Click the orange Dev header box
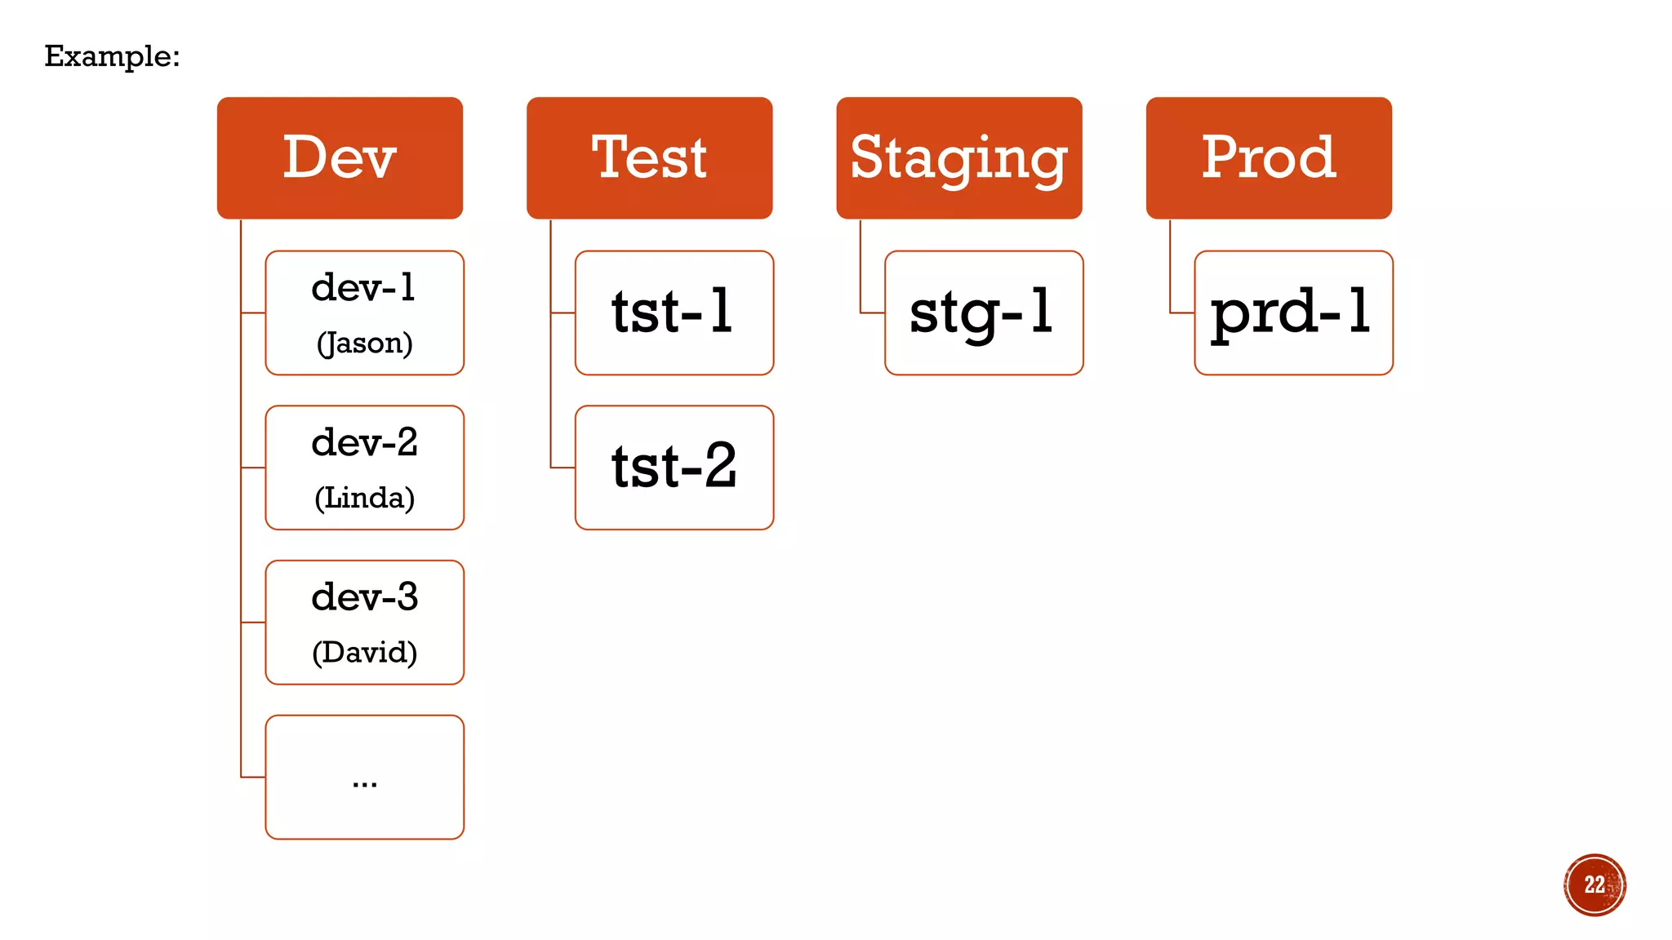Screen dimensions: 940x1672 click(x=340, y=157)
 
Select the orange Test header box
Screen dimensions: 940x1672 click(x=649, y=157)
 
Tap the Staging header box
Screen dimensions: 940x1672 click(x=958, y=157)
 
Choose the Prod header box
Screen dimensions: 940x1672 click(x=1268, y=157)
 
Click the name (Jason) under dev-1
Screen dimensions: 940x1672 click(x=364, y=343)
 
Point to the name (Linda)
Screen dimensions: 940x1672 click(x=364, y=498)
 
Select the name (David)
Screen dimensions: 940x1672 click(x=364, y=652)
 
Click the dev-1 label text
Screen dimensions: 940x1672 click(x=364, y=287)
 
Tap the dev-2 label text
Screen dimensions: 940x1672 click(x=364, y=442)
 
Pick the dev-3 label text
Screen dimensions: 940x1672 click(x=364, y=596)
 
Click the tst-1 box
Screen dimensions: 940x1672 click(x=674, y=313)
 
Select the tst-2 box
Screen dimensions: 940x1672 click(x=674, y=468)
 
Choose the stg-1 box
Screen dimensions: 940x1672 click(x=983, y=313)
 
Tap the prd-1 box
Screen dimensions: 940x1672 click(x=1292, y=313)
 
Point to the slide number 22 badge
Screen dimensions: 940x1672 click(x=1594, y=885)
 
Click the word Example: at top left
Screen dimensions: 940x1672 click(x=112, y=56)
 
